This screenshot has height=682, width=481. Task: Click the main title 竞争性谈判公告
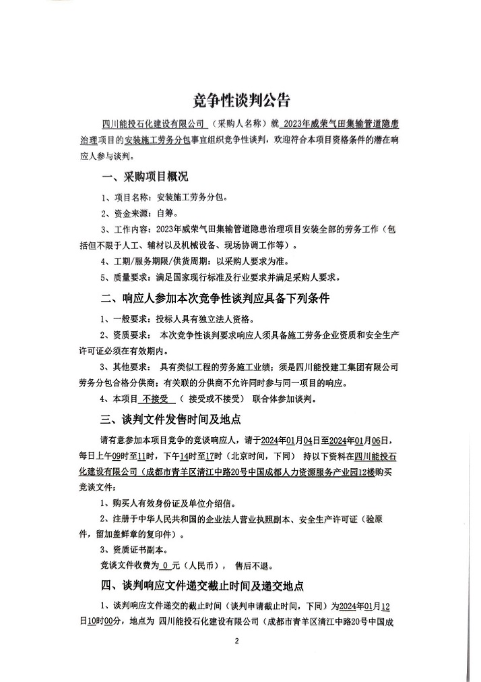(241, 101)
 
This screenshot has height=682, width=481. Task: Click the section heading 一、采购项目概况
(144, 177)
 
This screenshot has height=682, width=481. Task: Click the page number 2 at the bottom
(236, 642)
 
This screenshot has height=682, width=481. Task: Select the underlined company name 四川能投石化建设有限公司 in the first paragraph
(152, 125)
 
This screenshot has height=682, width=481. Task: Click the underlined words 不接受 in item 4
(157, 399)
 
